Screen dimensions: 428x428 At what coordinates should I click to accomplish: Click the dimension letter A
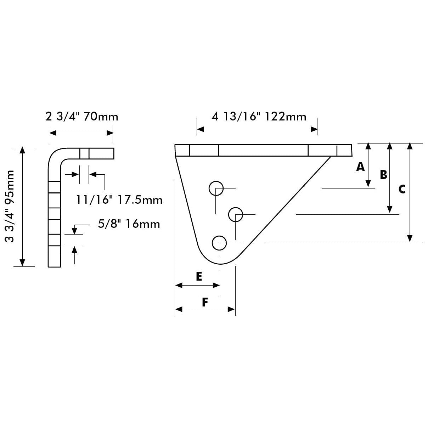click(360, 167)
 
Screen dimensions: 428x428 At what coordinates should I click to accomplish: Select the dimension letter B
click(383, 175)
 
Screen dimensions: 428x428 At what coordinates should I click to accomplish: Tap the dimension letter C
click(402, 190)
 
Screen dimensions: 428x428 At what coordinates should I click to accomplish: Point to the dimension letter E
click(199, 276)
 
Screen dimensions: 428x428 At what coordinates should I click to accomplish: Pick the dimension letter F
click(205, 302)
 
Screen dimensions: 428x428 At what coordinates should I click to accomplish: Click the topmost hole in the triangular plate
click(216, 188)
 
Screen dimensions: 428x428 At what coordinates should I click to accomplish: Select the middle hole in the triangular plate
click(235, 214)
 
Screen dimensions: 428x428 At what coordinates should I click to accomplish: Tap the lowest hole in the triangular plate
click(219, 243)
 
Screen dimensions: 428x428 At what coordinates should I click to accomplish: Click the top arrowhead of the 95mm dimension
click(22, 150)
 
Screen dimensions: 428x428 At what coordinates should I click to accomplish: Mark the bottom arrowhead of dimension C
click(410, 238)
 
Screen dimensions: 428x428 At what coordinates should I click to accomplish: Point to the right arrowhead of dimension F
click(232, 309)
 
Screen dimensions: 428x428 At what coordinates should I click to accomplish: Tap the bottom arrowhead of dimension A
click(368, 184)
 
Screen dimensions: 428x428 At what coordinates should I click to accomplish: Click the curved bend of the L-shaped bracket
click(56, 157)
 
